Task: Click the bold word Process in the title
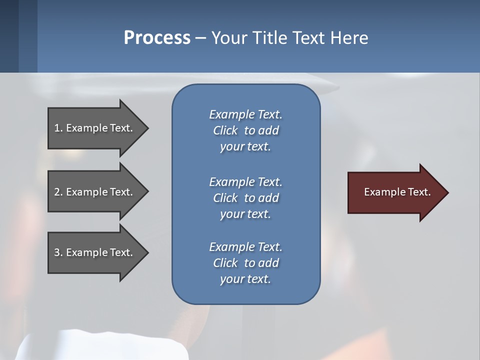point(157,37)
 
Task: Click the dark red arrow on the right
point(397,192)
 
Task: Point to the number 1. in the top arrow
point(58,128)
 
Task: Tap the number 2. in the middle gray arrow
point(58,192)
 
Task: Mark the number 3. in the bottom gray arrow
point(58,252)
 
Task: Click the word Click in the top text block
point(225,130)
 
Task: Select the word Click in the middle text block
point(225,198)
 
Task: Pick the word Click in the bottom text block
point(225,263)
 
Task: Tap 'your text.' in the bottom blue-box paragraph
point(245,279)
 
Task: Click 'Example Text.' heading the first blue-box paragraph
point(245,114)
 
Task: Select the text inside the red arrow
point(397,192)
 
